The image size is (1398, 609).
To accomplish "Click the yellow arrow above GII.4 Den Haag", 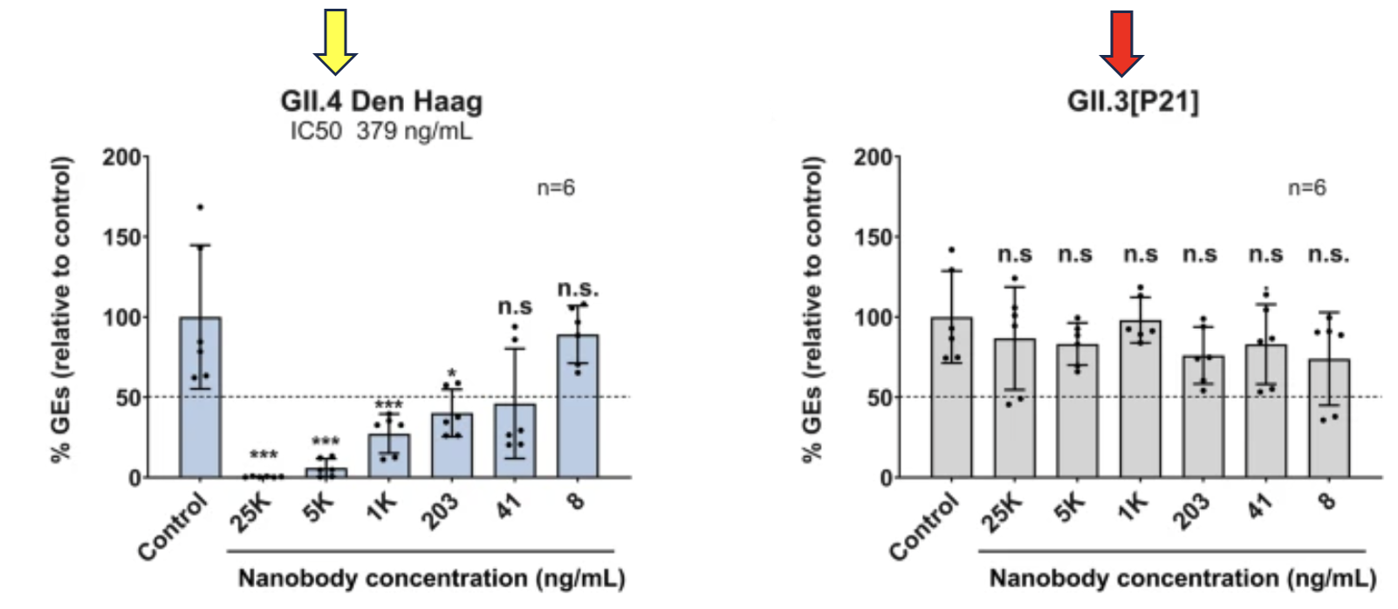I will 335,40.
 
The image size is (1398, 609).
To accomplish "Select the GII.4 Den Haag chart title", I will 381,101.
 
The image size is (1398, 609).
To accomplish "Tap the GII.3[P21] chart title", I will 1133,101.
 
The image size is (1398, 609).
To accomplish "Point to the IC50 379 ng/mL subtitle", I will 381,132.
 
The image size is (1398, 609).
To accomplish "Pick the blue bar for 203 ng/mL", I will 451,449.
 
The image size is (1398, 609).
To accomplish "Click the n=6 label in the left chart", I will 556,188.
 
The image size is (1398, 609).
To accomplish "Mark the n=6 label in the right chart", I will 1307,188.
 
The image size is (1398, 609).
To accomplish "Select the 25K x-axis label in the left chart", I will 251,512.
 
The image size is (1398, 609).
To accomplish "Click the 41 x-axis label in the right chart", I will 1261,506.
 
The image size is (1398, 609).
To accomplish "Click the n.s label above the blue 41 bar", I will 515,307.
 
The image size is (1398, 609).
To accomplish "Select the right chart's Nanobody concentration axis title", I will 1182,578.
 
